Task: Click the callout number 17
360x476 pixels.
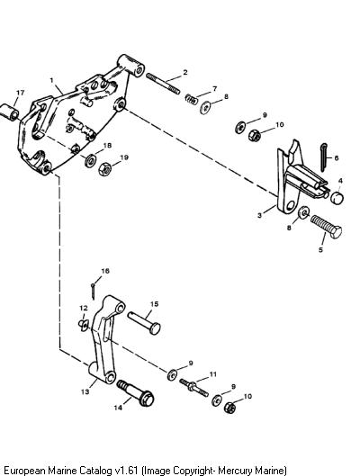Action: [x=21, y=93]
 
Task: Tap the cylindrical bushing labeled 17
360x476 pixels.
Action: [x=9, y=112]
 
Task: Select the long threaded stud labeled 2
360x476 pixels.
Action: [x=163, y=84]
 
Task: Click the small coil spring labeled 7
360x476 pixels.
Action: [x=192, y=99]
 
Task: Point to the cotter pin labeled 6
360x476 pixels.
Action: [x=324, y=157]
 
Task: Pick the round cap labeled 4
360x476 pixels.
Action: [x=337, y=198]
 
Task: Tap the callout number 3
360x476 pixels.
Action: [x=259, y=216]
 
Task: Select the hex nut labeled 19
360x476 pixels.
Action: [x=105, y=169]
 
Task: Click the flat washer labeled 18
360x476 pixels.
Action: [x=91, y=160]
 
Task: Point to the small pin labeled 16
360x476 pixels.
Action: [x=94, y=291]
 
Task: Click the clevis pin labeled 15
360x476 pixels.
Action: [x=144, y=323]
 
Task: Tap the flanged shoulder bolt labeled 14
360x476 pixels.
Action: [x=136, y=393]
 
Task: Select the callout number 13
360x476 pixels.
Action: [x=85, y=391]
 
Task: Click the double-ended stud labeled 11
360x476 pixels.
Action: [x=193, y=388]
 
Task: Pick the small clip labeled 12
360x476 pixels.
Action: [x=83, y=325]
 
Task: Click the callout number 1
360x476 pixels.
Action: [x=52, y=80]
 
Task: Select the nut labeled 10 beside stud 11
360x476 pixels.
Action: [x=230, y=407]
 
